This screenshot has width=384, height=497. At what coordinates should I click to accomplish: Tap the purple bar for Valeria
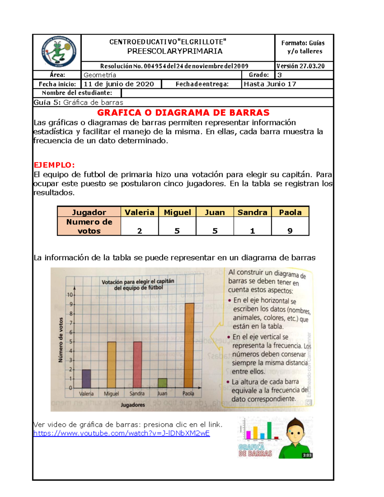pos(86,379)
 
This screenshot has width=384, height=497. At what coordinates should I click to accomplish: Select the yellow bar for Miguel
pos(111,365)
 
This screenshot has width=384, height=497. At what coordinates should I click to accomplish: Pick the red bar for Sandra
pos(137,365)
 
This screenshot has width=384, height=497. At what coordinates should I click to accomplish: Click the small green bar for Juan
pos(162,383)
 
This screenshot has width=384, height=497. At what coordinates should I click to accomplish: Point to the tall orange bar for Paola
pos(189,346)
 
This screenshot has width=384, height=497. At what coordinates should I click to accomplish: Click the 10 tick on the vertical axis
pos(70,295)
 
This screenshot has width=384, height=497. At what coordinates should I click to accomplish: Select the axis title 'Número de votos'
pos(60,340)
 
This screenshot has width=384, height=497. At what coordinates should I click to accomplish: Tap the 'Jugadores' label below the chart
pos(133,405)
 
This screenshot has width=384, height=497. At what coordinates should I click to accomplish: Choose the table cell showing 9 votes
pos(290,231)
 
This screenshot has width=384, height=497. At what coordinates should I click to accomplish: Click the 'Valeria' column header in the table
pos(140,212)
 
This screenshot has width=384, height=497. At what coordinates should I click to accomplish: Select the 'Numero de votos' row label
pos(89,226)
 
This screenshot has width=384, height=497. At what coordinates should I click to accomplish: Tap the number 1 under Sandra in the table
pos(252,231)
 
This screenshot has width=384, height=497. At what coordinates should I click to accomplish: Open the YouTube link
pos(122,433)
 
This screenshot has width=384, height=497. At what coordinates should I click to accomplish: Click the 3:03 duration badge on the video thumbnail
pos(307,455)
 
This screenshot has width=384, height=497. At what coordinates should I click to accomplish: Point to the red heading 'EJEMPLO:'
pos(54,165)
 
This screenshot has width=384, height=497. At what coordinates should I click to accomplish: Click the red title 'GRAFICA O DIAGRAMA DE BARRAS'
pos(183,113)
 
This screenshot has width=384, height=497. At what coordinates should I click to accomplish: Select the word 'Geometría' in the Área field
pos(100,75)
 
